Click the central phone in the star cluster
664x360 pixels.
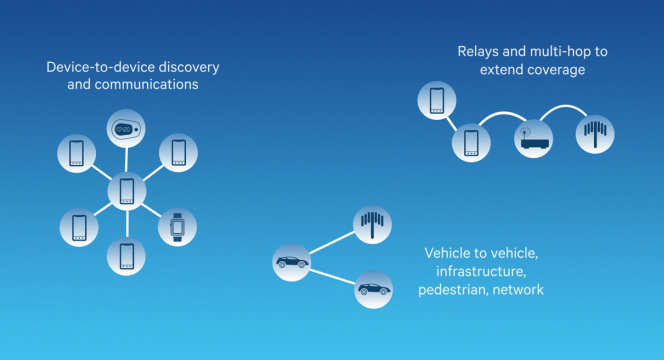click(x=127, y=189)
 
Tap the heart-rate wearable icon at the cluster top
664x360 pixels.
click(x=127, y=129)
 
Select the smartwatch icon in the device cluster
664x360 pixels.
click(x=177, y=226)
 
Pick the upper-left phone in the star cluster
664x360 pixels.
click(x=77, y=153)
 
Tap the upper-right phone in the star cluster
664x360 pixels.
click(x=178, y=153)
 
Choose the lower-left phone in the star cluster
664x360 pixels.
click(x=77, y=226)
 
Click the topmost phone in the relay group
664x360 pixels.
click(x=436, y=100)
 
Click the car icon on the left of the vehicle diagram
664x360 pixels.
click(x=292, y=263)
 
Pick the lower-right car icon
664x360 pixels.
click(x=373, y=289)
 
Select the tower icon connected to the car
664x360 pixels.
click(x=373, y=224)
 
